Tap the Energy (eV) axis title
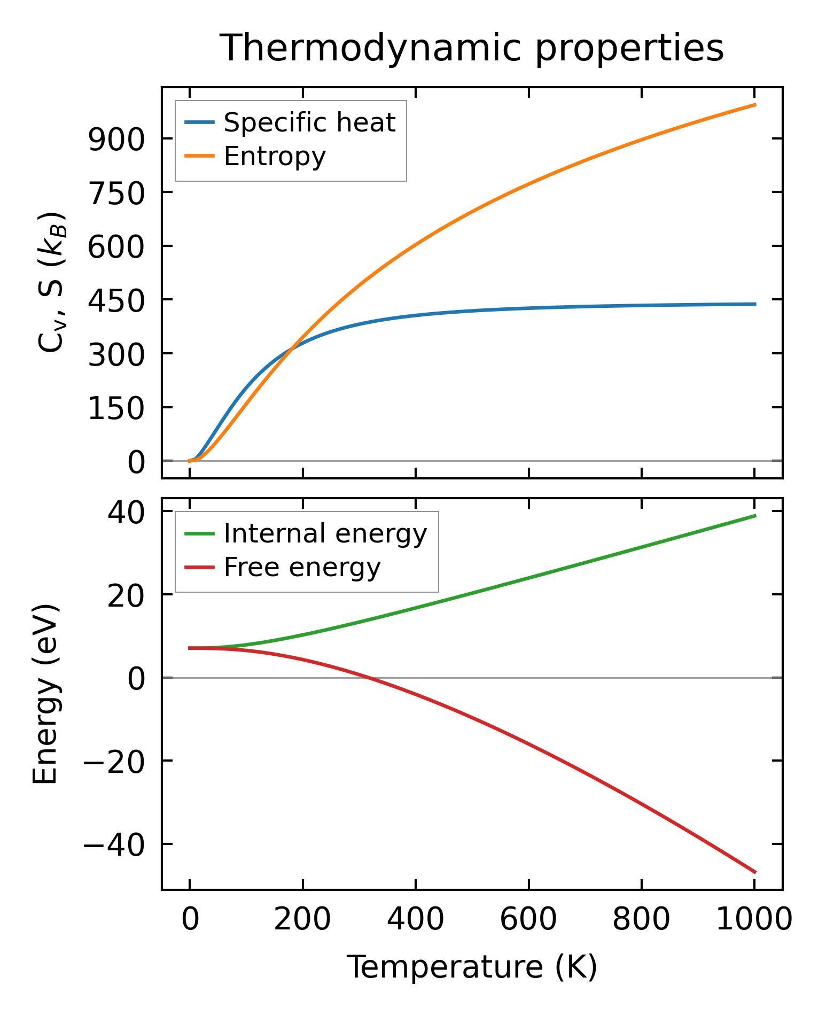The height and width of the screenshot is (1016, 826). pos(45,695)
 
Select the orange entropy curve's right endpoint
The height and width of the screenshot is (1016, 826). pos(755,105)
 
